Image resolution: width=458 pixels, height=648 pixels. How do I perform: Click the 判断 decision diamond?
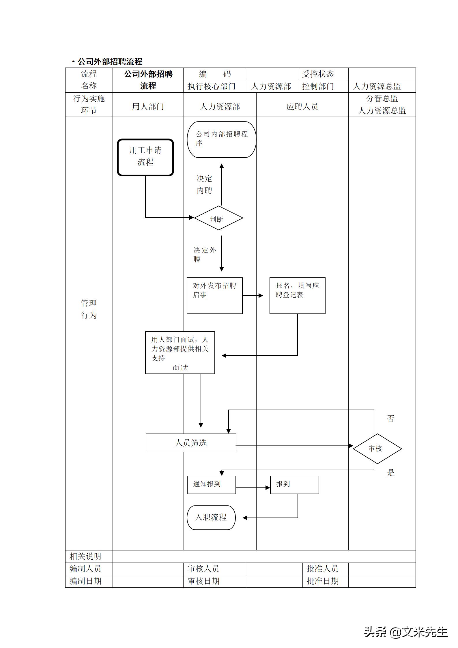click(x=218, y=218)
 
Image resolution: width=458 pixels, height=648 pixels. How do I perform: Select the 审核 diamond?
click(x=377, y=449)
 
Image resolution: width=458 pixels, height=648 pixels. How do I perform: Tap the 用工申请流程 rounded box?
click(x=145, y=157)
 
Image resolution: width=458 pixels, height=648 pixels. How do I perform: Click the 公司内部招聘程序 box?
click(x=221, y=140)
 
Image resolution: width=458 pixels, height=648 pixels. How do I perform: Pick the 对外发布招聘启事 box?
click(x=214, y=296)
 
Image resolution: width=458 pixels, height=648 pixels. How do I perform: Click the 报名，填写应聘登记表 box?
click(x=297, y=296)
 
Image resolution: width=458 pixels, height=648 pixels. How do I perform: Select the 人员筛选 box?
click(x=191, y=443)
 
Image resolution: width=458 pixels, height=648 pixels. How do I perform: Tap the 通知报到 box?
click(x=211, y=485)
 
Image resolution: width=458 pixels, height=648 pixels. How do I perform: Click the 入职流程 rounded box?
click(x=211, y=518)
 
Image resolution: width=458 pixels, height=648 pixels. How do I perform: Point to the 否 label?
click(x=390, y=419)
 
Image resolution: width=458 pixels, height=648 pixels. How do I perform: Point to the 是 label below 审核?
click(x=390, y=473)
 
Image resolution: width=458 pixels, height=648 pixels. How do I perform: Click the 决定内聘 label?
click(x=204, y=185)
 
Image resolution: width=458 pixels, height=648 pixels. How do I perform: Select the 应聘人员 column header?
click(x=302, y=107)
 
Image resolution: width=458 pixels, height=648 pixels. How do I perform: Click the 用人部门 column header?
click(x=148, y=107)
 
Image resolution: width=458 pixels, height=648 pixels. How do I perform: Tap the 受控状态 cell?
click(x=318, y=74)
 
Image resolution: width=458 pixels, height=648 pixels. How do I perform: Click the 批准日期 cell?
click(x=322, y=581)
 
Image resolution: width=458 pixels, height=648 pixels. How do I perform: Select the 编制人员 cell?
click(x=85, y=569)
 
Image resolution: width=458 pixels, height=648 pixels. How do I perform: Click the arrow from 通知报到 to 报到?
click(x=253, y=488)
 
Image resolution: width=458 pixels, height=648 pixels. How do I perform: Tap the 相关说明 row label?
click(x=85, y=556)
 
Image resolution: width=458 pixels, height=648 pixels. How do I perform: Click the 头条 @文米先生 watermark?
click(x=405, y=632)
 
